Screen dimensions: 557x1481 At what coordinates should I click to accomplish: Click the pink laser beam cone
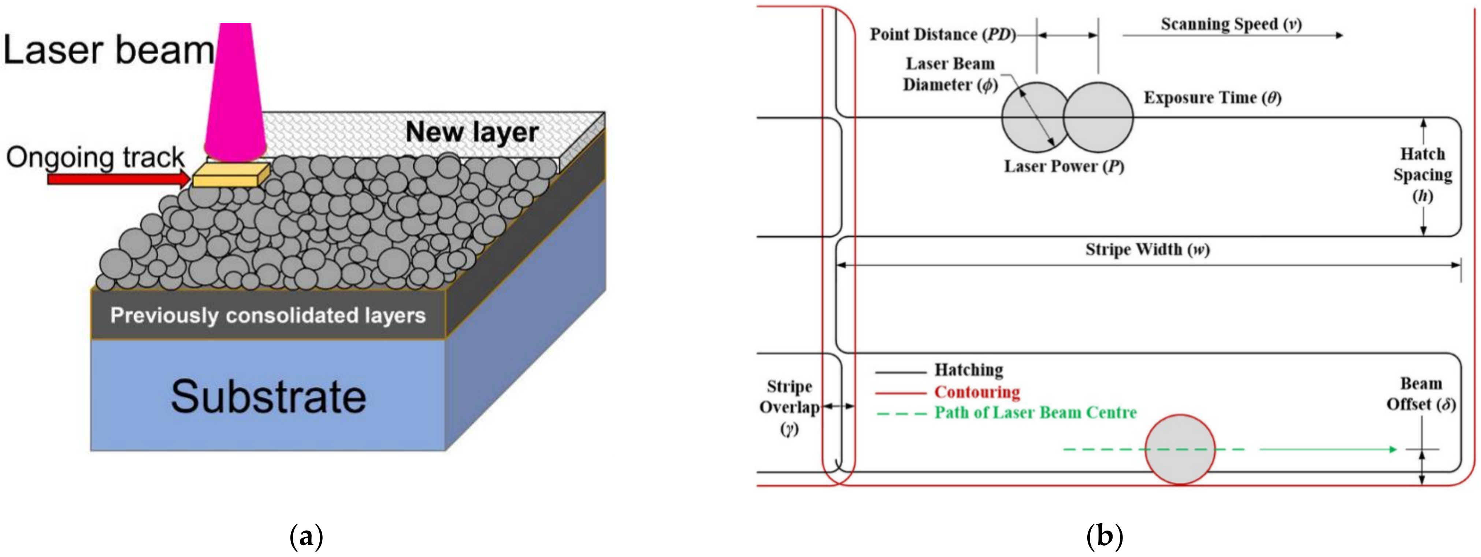coord(235,92)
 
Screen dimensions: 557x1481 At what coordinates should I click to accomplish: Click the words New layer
coord(471,132)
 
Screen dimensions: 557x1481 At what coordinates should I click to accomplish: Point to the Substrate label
coord(268,397)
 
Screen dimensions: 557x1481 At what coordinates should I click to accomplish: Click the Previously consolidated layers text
coord(268,315)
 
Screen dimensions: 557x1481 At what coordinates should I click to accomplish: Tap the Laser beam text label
coord(108,50)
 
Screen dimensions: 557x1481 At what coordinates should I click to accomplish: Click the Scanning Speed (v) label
coord(1231,24)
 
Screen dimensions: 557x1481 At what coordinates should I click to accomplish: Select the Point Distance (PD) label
coord(942,34)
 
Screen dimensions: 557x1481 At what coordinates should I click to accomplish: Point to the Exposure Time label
coord(1212,98)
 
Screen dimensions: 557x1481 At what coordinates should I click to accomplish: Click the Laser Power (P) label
coord(1064,167)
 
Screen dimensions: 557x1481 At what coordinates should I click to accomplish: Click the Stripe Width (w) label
coord(1147,250)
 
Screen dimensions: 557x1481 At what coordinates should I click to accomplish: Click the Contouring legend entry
coord(976,392)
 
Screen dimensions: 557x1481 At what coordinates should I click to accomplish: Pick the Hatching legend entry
coord(968,370)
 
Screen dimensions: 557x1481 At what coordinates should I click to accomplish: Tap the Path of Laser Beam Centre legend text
coord(1035,413)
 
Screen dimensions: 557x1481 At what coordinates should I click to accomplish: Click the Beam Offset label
coord(1420,394)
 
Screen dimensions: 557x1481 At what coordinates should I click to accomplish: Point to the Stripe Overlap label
coord(789,407)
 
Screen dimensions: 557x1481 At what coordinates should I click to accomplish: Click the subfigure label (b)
coord(1105,536)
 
